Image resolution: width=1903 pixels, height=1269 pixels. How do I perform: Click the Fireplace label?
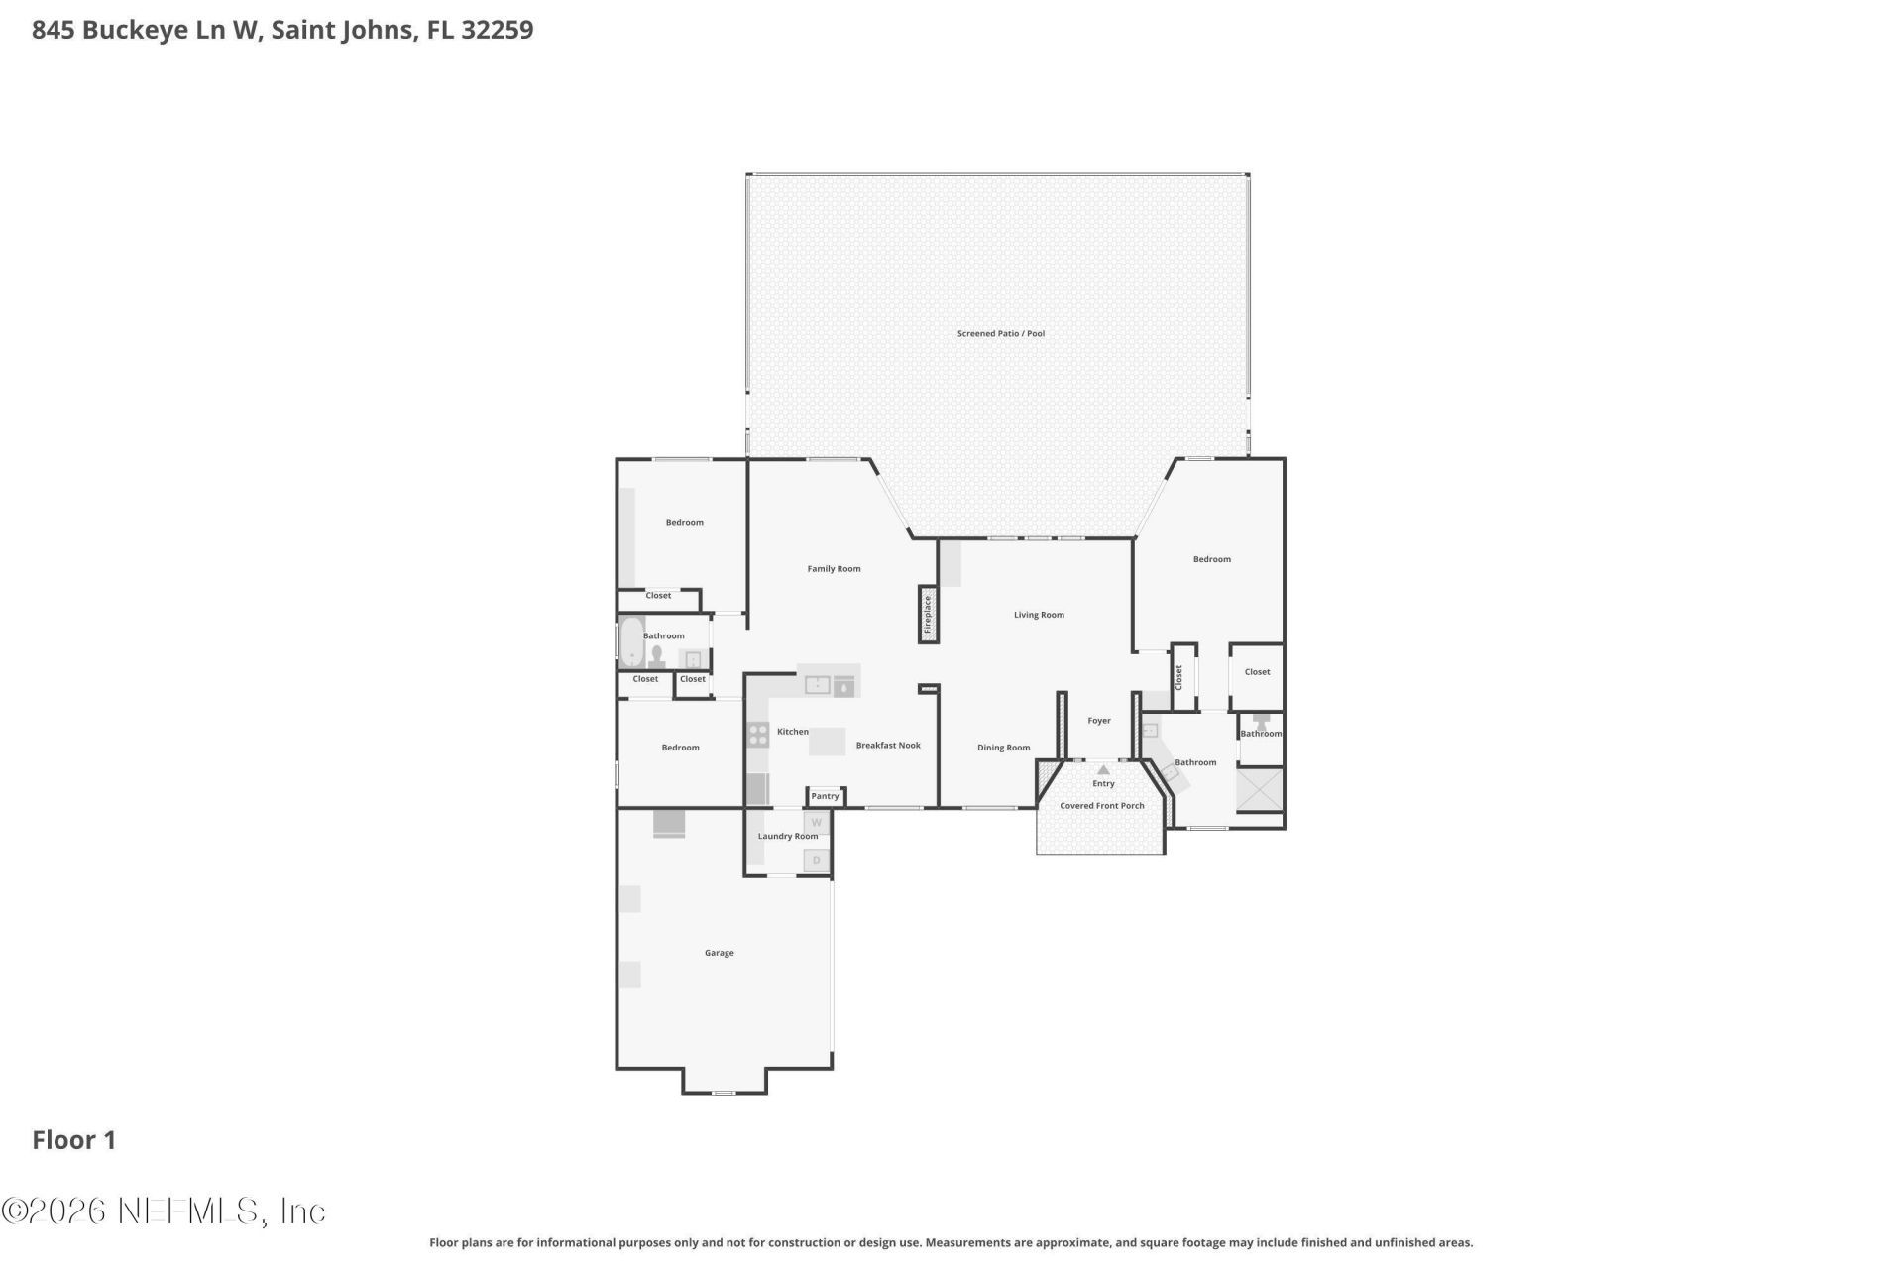click(x=928, y=615)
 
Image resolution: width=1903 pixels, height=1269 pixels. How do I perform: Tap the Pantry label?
click(x=825, y=796)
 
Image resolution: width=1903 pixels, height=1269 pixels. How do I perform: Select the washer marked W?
click(x=817, y=823)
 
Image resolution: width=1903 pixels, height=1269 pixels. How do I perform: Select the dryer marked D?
click(x=817, y=860)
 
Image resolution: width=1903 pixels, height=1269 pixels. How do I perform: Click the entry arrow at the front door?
click(x=1103, y=770)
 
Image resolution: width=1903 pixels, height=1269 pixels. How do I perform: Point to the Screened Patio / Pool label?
click(x=1000, y=334)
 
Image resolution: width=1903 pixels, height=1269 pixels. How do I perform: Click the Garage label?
click(x=719, y=953)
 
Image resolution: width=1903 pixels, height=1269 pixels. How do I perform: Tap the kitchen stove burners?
click(x=758, y=735)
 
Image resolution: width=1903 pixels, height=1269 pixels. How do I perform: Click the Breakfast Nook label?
click(x=888, y=746)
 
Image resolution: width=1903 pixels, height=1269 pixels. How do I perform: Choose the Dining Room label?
click(x=1003, y=748)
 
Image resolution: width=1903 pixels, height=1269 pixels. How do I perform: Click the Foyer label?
click(x=1098, y=721)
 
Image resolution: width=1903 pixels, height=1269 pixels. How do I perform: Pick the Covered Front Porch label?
click(x=1101, y=806)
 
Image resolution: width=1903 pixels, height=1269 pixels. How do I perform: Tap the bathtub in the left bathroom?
click(x=631, y=642)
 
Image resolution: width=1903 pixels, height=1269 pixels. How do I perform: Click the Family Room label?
click(x=834, y=569)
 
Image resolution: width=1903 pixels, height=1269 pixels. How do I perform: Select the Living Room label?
click(x=1039, y=615)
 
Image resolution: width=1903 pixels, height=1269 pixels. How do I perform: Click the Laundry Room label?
click(x=788, y=836)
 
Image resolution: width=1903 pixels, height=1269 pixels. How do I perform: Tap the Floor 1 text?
click(x=74, y=1140)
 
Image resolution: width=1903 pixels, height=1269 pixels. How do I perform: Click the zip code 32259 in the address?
click(x=497, y=30)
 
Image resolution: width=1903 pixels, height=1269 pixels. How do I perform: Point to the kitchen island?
click(x=827, y=742)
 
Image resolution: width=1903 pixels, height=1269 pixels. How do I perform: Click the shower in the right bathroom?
click(x=1259, y=790)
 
